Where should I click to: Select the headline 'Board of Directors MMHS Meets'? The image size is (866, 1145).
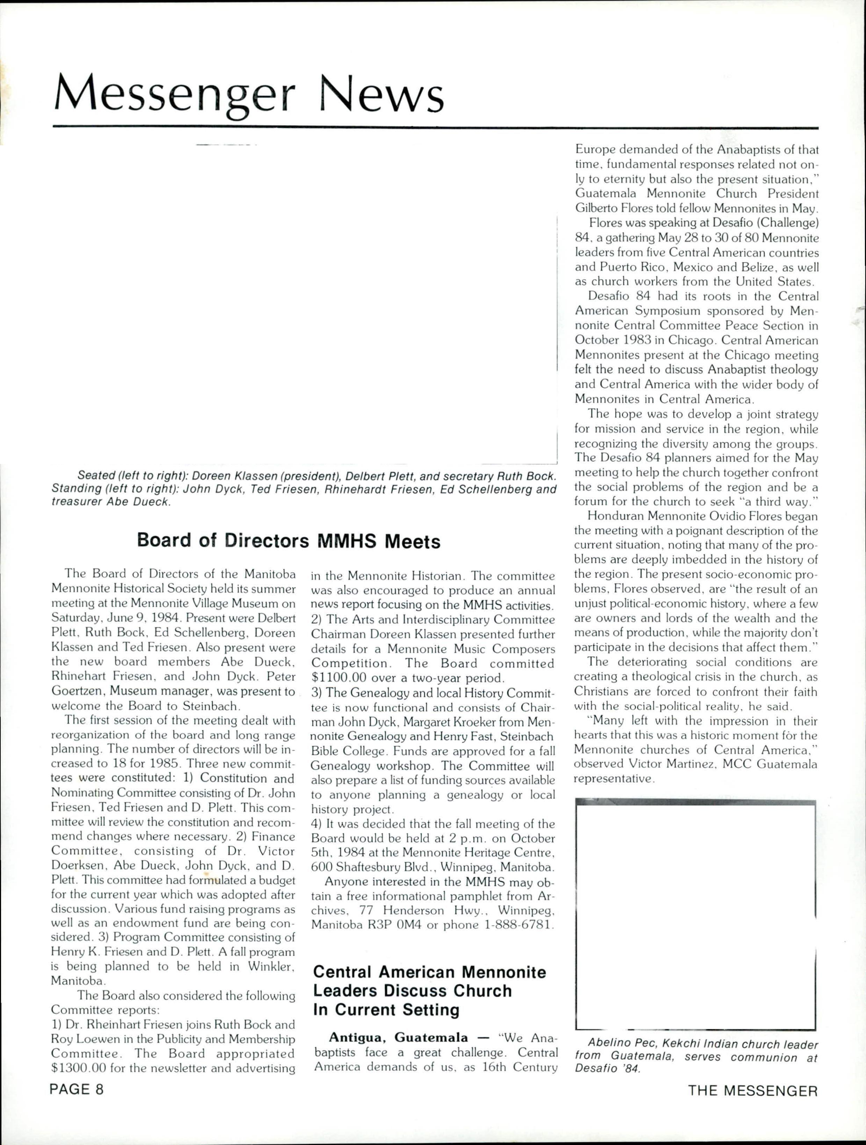[x=288, y=541]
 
